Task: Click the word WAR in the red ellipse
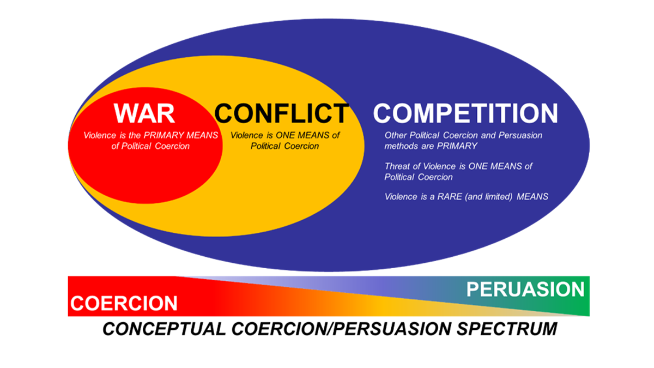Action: [x=144, y=113]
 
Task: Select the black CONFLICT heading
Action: [x=281, y=113]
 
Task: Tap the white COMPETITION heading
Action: [x=465, y=113]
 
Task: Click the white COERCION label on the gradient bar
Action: [x=124, y=303]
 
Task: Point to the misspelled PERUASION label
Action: [x=525, y=289]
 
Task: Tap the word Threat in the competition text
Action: [x=398, y=166]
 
